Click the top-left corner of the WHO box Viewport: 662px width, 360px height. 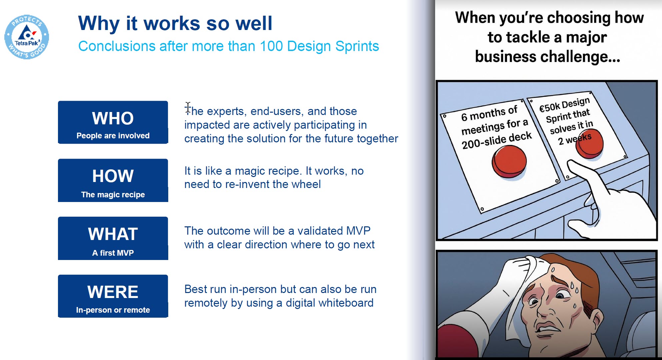(x=58, y=101)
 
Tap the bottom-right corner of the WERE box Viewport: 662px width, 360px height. (x=168, y=317)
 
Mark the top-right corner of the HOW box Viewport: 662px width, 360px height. (x=168, y=159)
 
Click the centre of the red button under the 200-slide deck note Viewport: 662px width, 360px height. (x=509, y=161)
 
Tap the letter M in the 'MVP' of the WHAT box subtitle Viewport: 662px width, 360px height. (x=120, y=253)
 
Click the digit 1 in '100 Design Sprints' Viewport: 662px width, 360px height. (x=263, y=46)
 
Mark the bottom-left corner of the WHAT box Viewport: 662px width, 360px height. (x=58, y=260)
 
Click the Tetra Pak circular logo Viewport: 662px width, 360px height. (x=27, y=37)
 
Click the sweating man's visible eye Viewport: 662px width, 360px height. (x=563, y=295)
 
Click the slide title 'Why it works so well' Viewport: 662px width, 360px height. (x=175, y=23)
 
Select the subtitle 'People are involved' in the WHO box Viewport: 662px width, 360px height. (x=113, y=136)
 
